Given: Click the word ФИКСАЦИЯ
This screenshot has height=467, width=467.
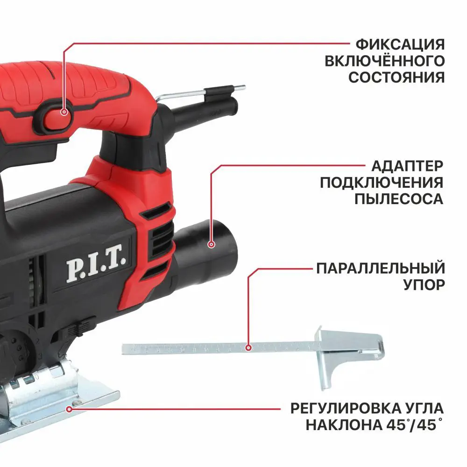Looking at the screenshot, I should tap(400, 45).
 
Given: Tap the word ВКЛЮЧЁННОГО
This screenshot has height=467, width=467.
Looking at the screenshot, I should tap(396, 61).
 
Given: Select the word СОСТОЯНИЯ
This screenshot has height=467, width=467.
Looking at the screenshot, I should tap(396, 77).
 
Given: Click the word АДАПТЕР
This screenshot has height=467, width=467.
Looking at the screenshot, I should tap(407, 166).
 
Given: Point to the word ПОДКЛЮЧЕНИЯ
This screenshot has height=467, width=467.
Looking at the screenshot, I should tap(382, 183).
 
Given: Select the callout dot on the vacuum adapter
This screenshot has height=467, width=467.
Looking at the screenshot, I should tap(212, 244).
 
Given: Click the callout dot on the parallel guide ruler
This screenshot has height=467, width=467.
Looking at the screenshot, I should tap(249, 347).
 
